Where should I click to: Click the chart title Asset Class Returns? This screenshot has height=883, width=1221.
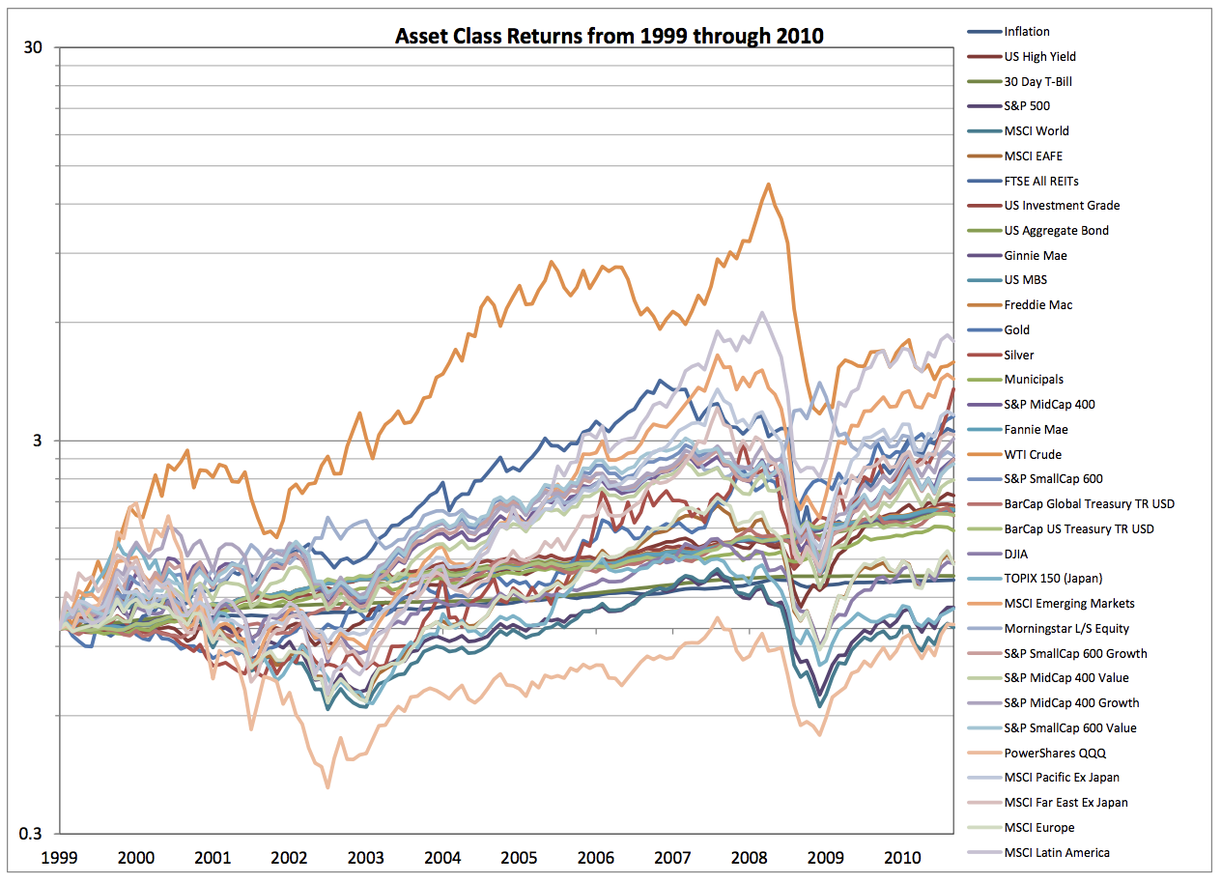point(609,37)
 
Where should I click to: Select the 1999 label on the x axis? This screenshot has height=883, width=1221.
point(60,857)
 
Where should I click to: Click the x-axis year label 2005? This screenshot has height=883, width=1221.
point(519,857)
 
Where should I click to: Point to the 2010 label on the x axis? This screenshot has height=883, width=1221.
point(902,857)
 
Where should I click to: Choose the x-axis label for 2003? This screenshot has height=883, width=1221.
point(365,857)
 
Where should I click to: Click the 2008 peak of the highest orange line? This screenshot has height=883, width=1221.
point(768,184)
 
